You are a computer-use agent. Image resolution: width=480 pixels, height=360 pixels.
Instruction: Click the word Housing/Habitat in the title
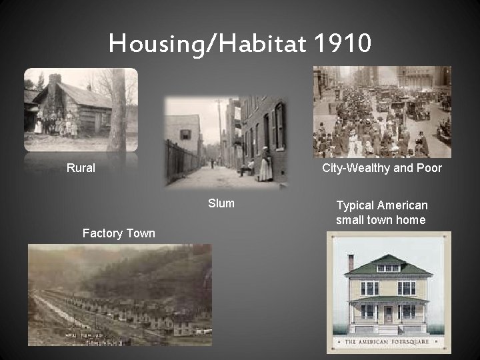205,44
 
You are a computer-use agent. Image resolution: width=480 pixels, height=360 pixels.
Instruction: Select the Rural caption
81,168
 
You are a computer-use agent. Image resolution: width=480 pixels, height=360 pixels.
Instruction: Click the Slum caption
221,203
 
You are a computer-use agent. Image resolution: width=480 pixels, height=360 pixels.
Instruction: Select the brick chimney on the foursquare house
351,262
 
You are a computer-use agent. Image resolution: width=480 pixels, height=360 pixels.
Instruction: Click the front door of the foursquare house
388,313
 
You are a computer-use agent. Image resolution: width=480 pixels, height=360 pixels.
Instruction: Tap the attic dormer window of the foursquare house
388,267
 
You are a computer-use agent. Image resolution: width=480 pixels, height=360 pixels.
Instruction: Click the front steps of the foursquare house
388,329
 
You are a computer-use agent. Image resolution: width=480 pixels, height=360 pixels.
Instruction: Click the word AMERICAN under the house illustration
373,343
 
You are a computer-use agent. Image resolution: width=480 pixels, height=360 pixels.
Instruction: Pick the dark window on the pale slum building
185,135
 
